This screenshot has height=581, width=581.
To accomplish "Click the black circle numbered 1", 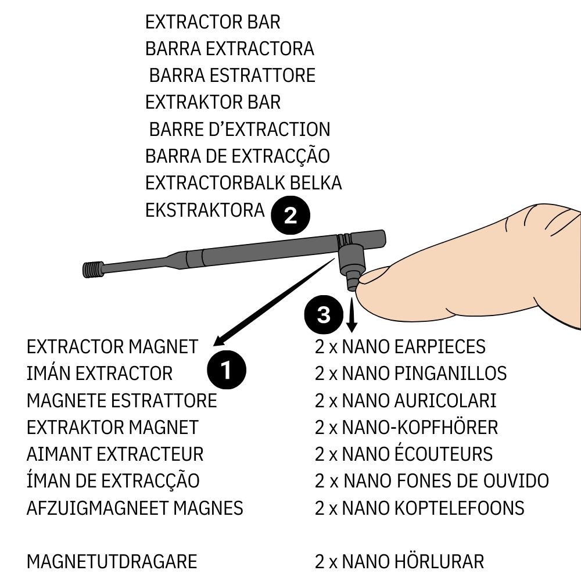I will (227, 369).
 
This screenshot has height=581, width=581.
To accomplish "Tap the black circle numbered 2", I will (290, 216).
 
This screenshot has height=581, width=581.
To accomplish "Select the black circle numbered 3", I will (324, 315).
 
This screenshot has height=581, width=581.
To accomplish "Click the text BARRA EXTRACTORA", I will (229, 49).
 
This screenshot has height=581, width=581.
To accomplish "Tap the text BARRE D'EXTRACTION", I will (239, 129).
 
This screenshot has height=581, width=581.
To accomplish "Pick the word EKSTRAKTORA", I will (205, 210).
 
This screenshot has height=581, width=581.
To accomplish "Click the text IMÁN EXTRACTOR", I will (99, 373).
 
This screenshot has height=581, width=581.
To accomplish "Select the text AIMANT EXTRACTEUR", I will (115, 454).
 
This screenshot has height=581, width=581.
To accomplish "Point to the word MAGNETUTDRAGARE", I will (112, 562).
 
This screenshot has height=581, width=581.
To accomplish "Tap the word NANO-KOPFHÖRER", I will (420, 427).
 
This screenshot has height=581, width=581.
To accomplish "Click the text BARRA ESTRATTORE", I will (232, 76).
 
